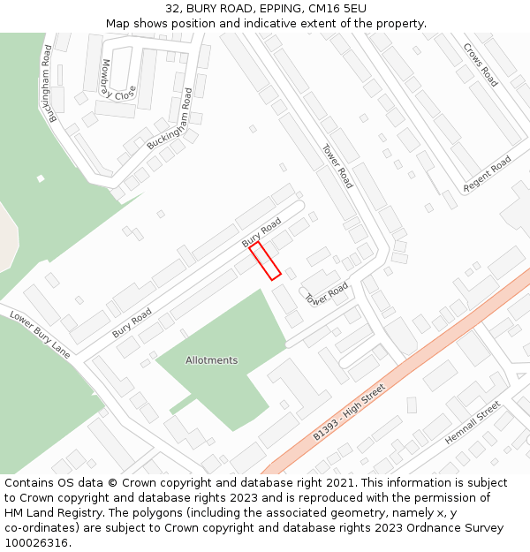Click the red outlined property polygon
[265, 261]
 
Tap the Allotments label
[211, 360]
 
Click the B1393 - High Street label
[350, 412]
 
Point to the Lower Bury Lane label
[40, 334]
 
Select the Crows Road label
[481, 65]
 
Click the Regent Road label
[488, 173]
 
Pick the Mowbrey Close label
[118, 80]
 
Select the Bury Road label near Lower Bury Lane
[132, 322]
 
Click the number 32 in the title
[172, 9]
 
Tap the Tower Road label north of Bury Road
[337, 166]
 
